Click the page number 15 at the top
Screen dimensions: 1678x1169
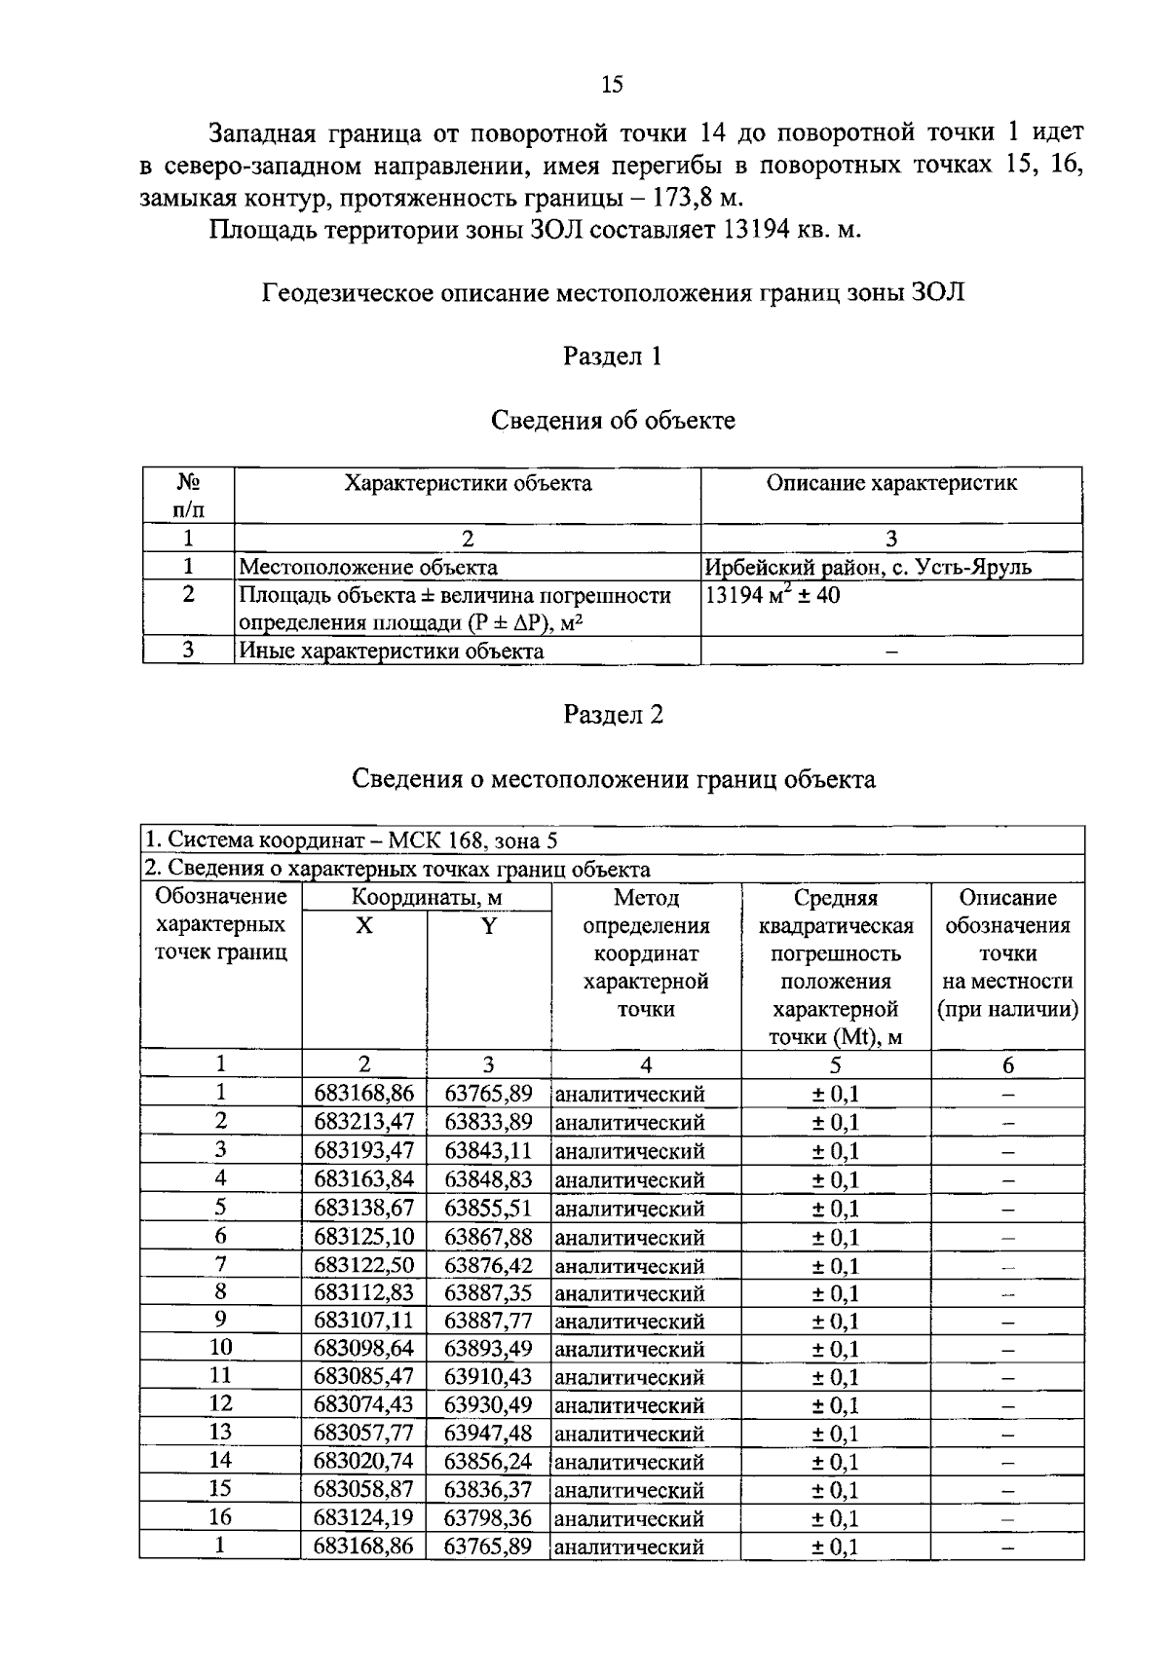click(613, 85)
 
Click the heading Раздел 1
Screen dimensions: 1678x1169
click(613, 356)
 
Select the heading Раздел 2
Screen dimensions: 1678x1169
click(613, 715)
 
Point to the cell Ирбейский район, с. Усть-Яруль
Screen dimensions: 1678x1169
click(867, 567)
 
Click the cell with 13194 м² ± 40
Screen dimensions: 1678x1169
click(773, 595)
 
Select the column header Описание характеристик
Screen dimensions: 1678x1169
click(891, 483)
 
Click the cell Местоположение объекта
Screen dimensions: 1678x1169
click(368, 567)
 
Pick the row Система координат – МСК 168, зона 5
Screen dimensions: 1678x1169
click(351, 840)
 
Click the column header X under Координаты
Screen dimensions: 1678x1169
click(363, 925)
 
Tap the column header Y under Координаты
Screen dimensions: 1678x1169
click(488, 925)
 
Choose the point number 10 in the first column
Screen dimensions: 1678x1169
click(221, 1348)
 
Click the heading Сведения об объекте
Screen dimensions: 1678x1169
click(613, 421)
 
